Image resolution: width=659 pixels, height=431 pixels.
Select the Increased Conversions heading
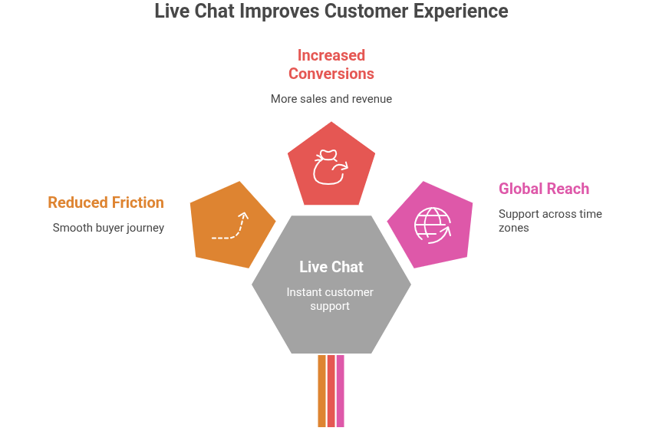coord(331,64)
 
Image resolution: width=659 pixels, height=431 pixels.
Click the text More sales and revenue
coord(331,99)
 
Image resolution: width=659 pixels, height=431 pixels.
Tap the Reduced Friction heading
coord(106,202)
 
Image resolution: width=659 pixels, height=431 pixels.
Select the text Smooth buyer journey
coord(108,228)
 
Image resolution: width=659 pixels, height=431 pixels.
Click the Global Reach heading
coord(543,189)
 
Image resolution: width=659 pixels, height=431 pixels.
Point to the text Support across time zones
coord(549,221)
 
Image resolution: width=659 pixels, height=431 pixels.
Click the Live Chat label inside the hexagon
coord(331,267)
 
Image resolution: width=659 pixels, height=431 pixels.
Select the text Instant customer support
coord(331,299)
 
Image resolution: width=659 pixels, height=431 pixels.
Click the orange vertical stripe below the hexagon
coord(321,391)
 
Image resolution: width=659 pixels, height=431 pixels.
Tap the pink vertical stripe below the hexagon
coord(341,391)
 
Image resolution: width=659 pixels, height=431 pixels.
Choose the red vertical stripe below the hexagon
coord(331,391)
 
